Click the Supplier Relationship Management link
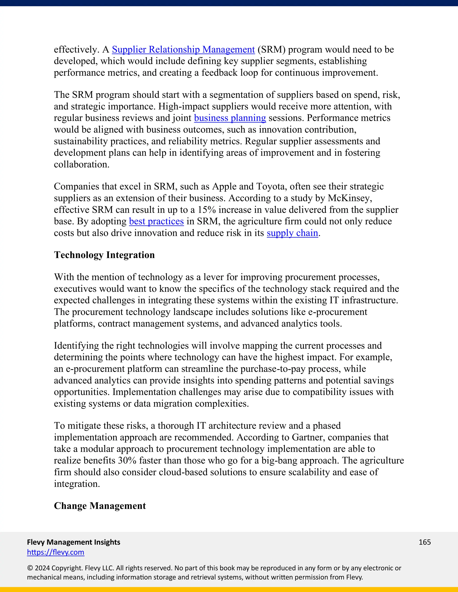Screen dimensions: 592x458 [x=183, y=50]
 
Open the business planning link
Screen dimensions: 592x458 [x=230, y=118]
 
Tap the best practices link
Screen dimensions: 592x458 [x=156, y=221]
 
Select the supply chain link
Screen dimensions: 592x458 [x=292, y=233]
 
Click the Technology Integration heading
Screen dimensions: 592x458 [x=104, y=255]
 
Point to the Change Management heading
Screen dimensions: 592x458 [x=100, y=506]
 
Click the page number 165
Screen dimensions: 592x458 [x=425, y=542]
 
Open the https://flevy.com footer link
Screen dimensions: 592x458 [x=56, y=552]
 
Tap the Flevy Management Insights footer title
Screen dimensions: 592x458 [x=74, y=542]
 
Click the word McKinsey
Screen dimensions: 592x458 [x=350, y=198]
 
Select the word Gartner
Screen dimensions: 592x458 [x=308, y=437]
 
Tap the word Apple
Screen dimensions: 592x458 [x=224, y=187]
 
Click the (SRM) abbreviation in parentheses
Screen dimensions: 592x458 [x=271, y=50]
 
